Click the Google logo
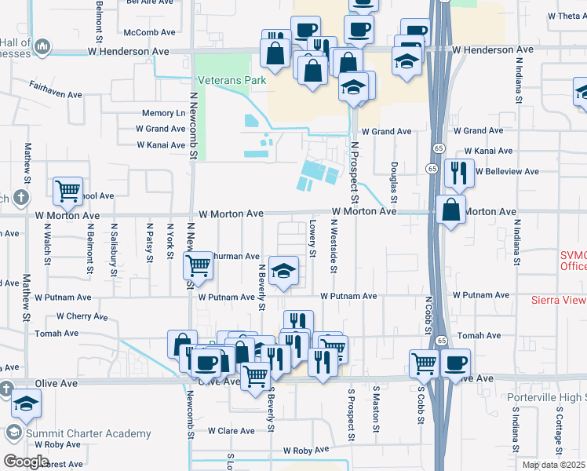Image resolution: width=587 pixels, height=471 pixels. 26,461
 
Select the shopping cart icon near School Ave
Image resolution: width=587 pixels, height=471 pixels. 67,189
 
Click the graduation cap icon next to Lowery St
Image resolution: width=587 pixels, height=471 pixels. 283,271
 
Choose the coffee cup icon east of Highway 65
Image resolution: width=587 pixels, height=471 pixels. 455,363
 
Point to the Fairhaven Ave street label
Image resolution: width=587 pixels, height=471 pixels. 57,94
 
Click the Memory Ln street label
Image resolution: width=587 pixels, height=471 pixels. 163,114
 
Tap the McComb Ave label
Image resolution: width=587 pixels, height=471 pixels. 152,32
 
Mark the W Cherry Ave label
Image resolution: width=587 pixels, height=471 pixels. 82,316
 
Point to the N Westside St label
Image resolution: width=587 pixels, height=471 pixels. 334,246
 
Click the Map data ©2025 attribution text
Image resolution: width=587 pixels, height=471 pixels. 553,465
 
